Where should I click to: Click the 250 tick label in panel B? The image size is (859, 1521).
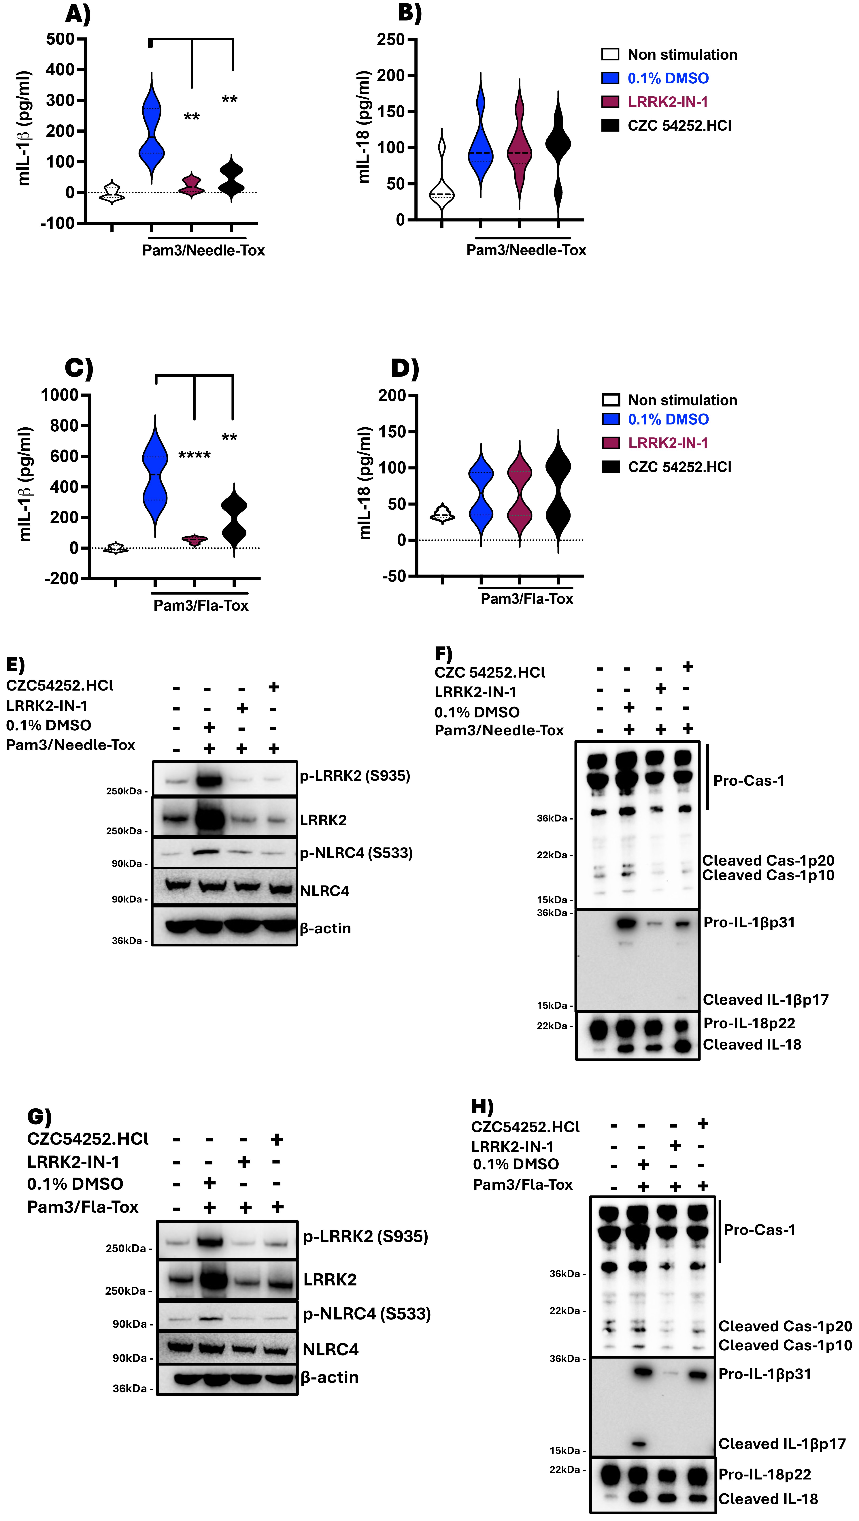tap(391, 40)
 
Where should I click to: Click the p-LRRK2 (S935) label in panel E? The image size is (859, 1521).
tap(354, 775)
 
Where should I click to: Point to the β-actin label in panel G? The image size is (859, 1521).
tap(329, 1377)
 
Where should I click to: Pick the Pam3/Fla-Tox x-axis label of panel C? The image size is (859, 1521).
tap(201, 605)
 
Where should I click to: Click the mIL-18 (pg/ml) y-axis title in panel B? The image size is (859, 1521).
tap(364, 127)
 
